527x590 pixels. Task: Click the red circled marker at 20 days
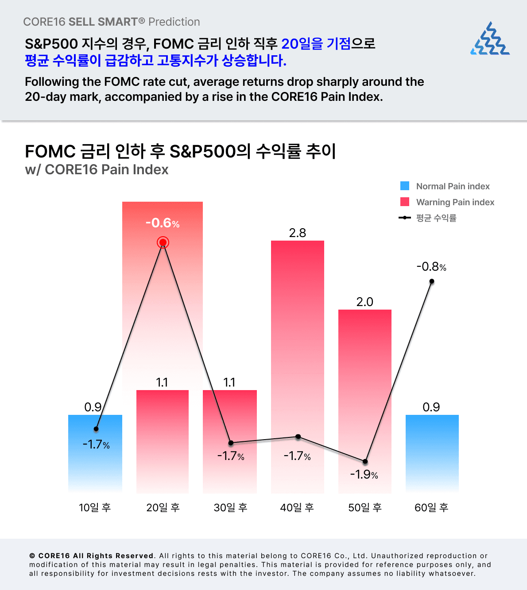[x=163, y=242]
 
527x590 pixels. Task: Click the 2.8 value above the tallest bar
[x=297, y=233]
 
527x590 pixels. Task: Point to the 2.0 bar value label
[x=364, y=302]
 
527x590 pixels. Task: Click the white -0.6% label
[x=163, y=223]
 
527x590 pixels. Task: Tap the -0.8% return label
[x=431, y=267]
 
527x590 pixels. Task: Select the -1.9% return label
[x=364, y=475]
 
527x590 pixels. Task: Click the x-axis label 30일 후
[x=230, y=507]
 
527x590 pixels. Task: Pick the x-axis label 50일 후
[x=365, y=507]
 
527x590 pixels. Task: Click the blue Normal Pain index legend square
[x=405, y=186]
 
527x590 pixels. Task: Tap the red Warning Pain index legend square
[x=405, y=202]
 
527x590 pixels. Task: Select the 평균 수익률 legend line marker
[x=405, y=218]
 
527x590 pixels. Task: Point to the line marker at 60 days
[x=432, y=281]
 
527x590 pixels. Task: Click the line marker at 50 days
[x=365, y=461]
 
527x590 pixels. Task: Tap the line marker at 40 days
[x=298, y=437]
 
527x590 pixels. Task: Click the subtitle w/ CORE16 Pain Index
[x=97, y=169]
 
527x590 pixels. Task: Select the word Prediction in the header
[x=174, y=22]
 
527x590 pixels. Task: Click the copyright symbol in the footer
[x=32, y=556]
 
